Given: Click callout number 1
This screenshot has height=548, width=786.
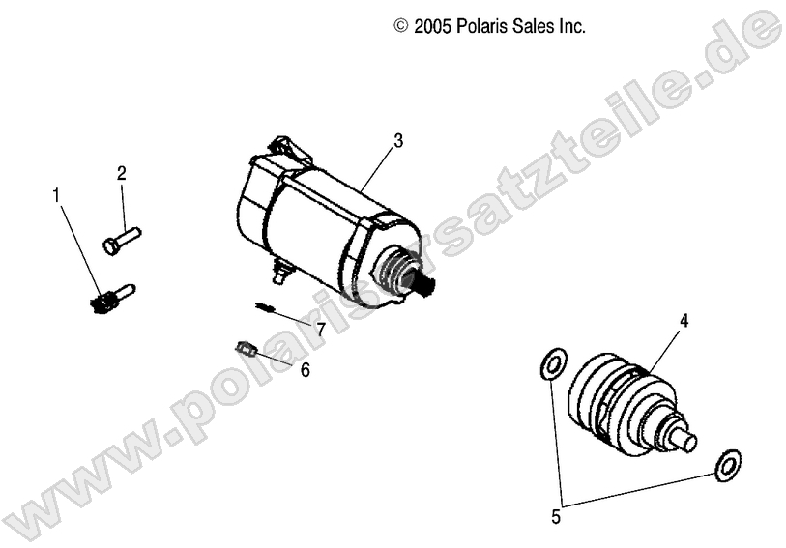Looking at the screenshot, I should [x=56, y=196].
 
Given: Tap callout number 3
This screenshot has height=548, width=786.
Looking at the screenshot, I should [x=398, y=140].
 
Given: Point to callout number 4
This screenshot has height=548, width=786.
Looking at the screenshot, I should [x=684, y=319].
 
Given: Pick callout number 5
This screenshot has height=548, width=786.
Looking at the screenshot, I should [x=555, y=517].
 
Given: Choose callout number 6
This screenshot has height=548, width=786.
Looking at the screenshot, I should [x=306, y=370].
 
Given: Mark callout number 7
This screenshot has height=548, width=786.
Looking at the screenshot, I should [x=320, y=329].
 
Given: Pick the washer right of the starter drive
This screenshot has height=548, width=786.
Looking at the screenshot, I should [x=727, y=465].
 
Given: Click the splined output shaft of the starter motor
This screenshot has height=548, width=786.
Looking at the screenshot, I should [x=428, y=285].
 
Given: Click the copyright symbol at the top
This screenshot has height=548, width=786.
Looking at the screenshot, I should [x=401, y=28].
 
